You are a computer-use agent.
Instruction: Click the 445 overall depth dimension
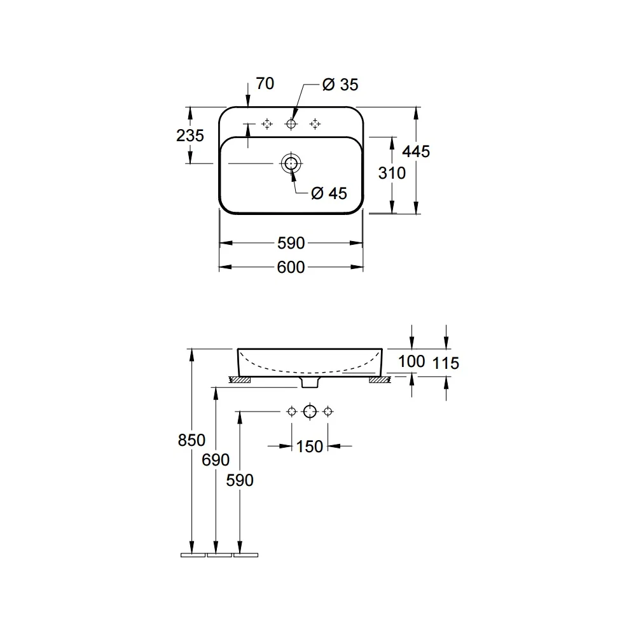coord(416,152)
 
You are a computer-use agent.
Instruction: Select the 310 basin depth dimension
coord(392,173)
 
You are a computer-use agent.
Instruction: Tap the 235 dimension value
coord(190,135)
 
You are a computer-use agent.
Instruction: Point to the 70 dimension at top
coord(265,83)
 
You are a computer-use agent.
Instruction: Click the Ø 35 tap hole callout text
coord(340,85)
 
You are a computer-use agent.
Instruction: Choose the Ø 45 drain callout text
coord(329,193)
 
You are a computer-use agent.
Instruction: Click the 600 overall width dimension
coord(291,267)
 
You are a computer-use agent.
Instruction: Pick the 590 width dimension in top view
coord(291,244)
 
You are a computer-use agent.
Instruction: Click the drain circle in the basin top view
coord(291,163)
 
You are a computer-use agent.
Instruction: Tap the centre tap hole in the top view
coord(291,123)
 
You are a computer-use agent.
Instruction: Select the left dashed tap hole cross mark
coord(267,124)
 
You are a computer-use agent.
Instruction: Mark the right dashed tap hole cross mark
coord(315,124)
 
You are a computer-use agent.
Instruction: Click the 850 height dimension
coord(191,440)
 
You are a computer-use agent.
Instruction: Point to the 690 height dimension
coord(216,460)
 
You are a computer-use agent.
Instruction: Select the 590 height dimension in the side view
coord(240,480)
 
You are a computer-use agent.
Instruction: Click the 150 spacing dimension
coord(310,446)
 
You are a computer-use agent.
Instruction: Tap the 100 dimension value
coord(411,361)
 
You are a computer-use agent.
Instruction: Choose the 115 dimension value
coord(446,363)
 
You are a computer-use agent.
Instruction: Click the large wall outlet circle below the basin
coord(310,411)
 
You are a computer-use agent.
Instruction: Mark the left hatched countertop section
coord(240,380)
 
